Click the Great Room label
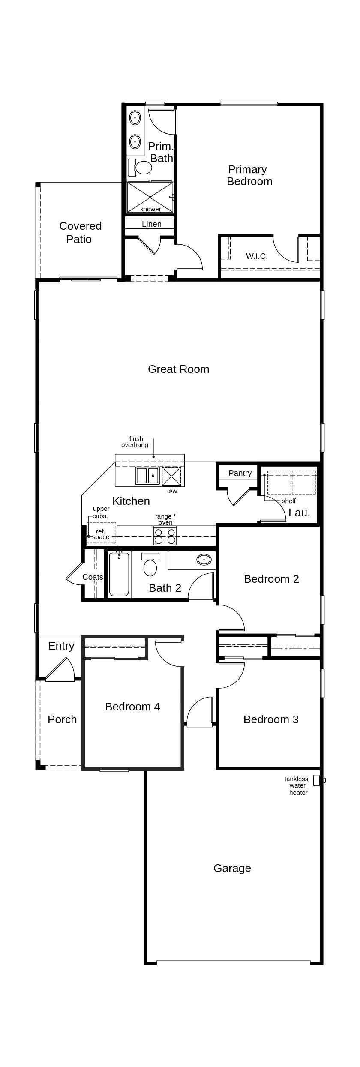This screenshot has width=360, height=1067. [178, 369]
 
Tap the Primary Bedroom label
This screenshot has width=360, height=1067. [249, 175]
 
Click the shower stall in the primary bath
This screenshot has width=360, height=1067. [150, 197]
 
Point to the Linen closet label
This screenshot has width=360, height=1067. [152, 224]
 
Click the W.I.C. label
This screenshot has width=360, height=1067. [257, 256]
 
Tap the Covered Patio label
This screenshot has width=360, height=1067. [80, 232]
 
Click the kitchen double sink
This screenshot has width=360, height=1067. [147, 476]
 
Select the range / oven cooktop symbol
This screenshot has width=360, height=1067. [165, 536]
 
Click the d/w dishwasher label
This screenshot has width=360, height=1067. [172, 491]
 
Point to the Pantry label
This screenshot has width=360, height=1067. [240, 473]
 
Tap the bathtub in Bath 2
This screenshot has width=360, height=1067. [119, 575]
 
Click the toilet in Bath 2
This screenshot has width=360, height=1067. [150, 565]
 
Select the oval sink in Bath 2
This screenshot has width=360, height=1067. [204, 559]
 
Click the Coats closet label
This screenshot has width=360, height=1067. [93, 577]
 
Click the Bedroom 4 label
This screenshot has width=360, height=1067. [132, 707]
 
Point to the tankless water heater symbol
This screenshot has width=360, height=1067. [317, 780]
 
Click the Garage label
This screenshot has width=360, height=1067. [232, 868]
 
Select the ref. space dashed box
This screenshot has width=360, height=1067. [101, 533]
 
